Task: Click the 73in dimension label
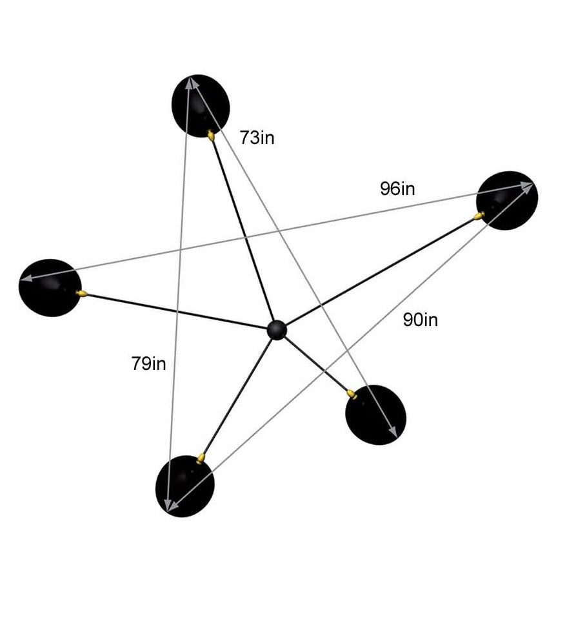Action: pyautogui.click(x=257, y=138)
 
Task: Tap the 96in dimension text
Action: pyautogui.click(x=397, y=189)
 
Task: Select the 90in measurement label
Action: pyautogui.click(x=420, y=319)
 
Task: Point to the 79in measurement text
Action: pyautogui.click(x=148, y=364)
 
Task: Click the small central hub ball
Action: pyautogui.click(x=277, y=329)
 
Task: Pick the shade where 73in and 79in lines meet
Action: pyautogui.click(x=201, y=105)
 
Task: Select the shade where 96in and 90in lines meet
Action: pyautogui.click(x=508, y=200)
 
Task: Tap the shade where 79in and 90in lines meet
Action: pyautogui.click(x=184, y=486)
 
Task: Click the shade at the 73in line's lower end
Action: pyautogui.click(x=376, y=415)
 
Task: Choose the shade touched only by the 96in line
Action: pyautogui.click(x=50, y=287)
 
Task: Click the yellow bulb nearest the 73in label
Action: pyautogui.click(x=212, y=135)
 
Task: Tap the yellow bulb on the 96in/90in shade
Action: pyautogui.click(x=479, y=216)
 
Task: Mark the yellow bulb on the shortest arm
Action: pyautogui.click(x=352, y=393)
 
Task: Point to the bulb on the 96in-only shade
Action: pyautogui.click(x=82, y=294)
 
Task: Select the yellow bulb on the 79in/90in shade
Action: pyautogui.click(x=201, y=458)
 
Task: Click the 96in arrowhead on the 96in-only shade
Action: pyautogui.click(x=26, y=279)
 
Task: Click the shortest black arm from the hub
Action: pyautogui.click(x=316, y=364)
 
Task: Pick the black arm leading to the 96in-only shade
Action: pyautogui.click(x=174, y=310)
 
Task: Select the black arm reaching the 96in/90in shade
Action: pyautogui.click(x=381, y=271)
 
